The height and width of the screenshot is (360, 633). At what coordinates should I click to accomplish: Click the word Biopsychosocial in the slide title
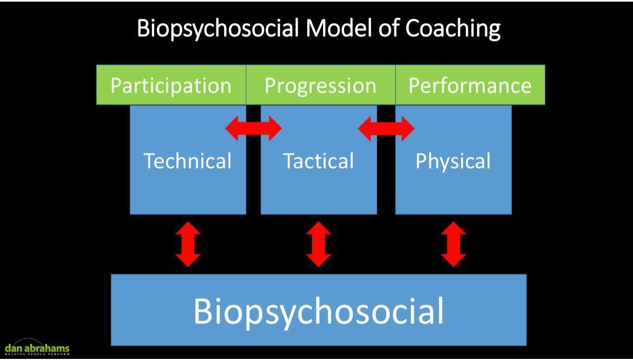218,28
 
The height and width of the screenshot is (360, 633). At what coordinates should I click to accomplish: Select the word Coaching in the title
453,28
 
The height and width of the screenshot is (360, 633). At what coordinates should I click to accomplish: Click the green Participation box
171,86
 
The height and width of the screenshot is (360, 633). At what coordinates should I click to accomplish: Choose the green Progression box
320,86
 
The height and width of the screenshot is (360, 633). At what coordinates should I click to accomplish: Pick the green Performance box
470,86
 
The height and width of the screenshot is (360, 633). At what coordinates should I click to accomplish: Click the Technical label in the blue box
187,161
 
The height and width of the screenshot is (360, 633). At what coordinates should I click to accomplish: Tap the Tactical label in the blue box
319,161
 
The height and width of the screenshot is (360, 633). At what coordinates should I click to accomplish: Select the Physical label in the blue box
453,161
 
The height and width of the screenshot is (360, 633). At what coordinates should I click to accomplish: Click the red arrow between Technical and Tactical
253,129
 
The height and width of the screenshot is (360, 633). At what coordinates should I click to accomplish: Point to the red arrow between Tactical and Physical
386,129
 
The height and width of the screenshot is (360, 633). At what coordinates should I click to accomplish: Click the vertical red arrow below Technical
188,244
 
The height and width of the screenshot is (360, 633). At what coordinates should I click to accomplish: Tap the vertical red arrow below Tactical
319,244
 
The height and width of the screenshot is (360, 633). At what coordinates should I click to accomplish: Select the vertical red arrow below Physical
453,244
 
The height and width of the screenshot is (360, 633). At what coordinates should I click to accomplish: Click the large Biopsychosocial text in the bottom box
319,311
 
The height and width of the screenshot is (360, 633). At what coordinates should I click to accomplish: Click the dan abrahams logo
37,346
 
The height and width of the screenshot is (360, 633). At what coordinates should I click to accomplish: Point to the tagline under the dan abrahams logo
37,354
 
